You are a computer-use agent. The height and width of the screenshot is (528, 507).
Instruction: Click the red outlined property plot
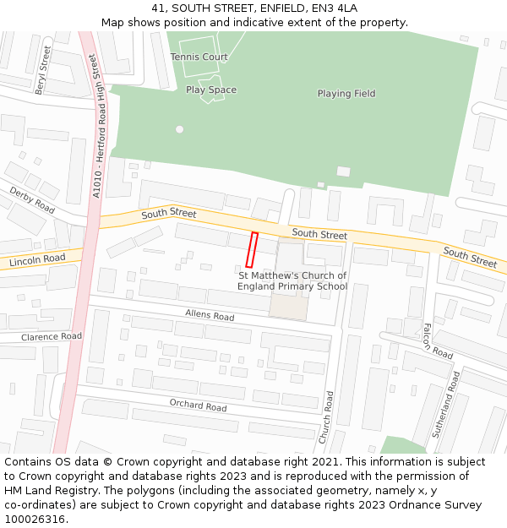pos(251,250)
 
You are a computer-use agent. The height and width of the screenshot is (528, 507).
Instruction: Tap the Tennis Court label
pos(199,57)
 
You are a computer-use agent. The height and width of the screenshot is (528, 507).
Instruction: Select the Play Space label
pos(211,90)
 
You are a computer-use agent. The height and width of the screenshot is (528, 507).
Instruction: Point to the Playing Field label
pos(346,93)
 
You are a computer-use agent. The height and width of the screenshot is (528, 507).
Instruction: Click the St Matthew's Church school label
pos(292,281)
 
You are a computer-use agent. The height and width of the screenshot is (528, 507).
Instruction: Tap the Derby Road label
pos(32,200)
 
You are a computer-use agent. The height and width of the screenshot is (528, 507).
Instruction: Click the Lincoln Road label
pos(36,260)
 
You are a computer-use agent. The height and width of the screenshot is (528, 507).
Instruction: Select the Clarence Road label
pos(51,336)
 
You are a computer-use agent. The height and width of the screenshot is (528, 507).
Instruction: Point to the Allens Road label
pos(210,315)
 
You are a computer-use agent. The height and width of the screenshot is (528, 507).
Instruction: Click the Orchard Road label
pos(198,406)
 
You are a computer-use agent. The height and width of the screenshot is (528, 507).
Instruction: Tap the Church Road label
pos(325,417)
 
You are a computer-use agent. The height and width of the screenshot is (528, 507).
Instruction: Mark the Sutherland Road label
pos(446,404)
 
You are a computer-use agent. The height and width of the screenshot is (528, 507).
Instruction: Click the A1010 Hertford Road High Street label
pos(95,128)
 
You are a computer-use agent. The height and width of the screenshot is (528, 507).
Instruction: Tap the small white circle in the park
pos(179,129)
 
